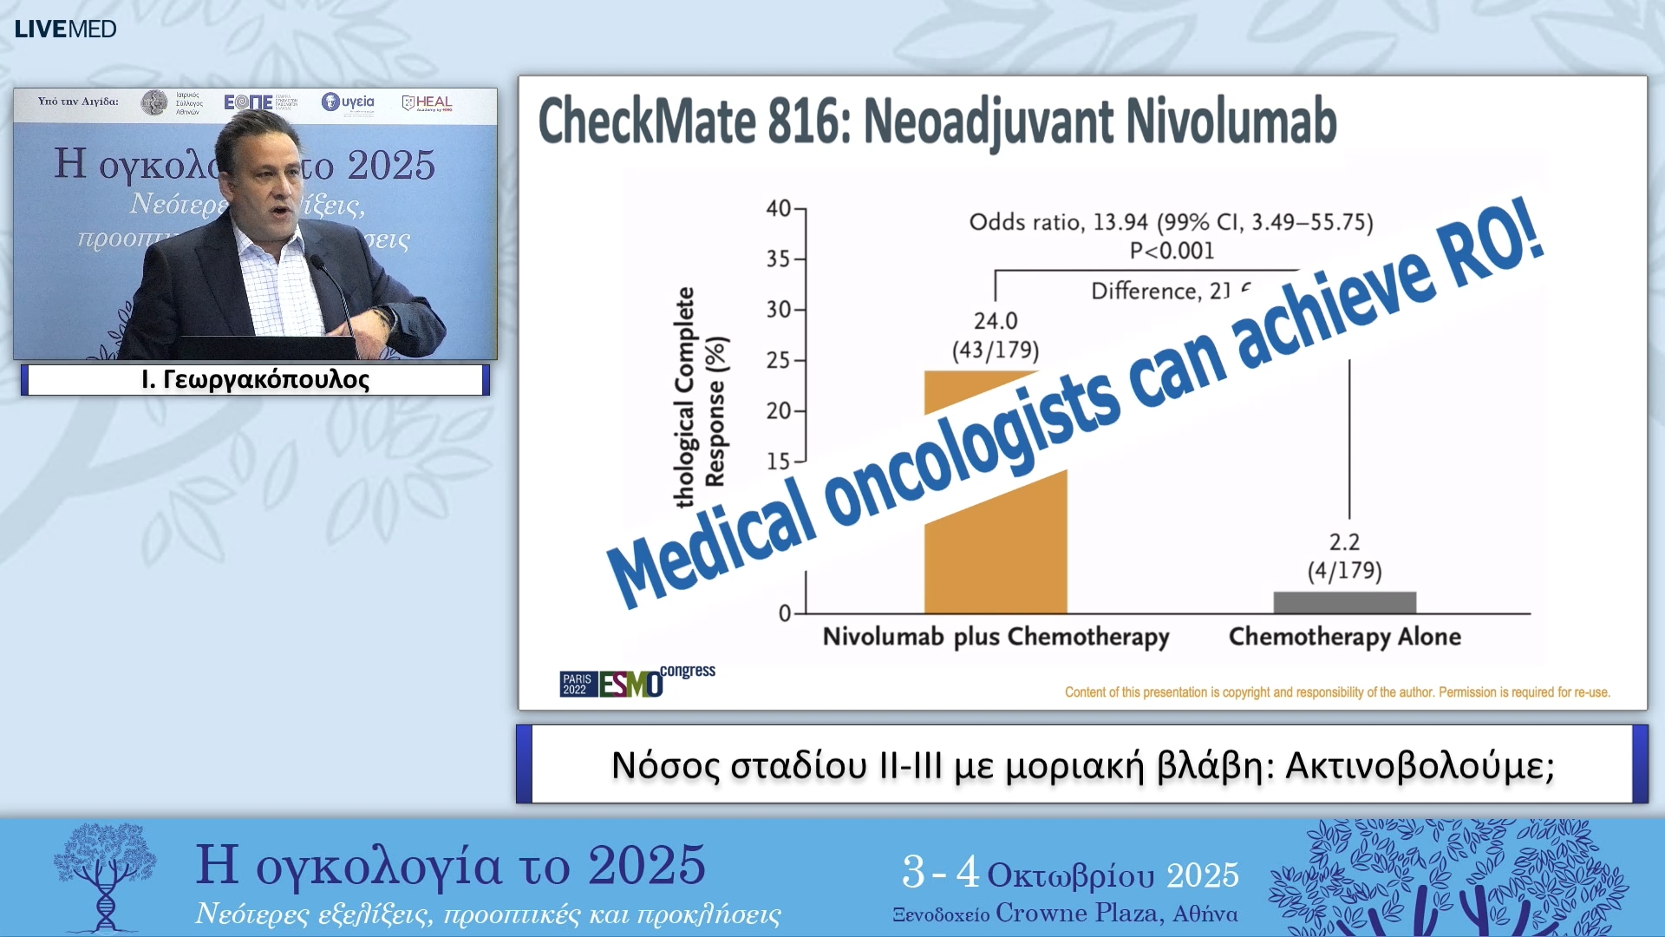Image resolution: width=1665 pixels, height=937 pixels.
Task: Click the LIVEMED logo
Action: (x=65, y=29)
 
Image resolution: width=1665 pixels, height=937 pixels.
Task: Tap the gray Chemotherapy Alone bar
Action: (x=1344, y=602)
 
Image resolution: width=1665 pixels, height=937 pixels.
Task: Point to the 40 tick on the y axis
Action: (x=779, y=208)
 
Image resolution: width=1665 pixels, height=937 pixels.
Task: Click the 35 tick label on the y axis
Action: (x=779, y=259)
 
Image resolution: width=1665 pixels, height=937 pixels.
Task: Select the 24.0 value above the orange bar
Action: (x=996, y=321)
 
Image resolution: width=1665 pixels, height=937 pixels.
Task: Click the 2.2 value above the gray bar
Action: (x=1344, y=542)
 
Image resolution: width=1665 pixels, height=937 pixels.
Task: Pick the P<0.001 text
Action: (x=1172, y=251)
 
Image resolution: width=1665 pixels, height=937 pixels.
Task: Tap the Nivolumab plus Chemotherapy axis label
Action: (x=996, y=637)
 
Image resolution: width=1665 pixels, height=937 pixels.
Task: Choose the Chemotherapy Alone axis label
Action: (x=1344, y=637)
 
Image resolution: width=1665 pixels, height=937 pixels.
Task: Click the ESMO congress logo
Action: (x=637, y=683)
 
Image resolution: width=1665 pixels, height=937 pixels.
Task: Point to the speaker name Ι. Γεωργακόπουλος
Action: (x=255, y=380)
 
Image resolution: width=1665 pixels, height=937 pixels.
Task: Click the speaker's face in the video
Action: (x=273, y=191)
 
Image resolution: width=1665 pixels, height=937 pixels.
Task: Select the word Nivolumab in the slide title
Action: (x=1231, y=121)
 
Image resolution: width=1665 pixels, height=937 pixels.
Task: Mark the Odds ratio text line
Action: (x=1171, y=222)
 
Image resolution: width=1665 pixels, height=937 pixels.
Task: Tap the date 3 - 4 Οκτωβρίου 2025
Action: (x=1070, y=873)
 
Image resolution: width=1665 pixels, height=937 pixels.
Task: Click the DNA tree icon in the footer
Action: (x=104, y=876)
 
